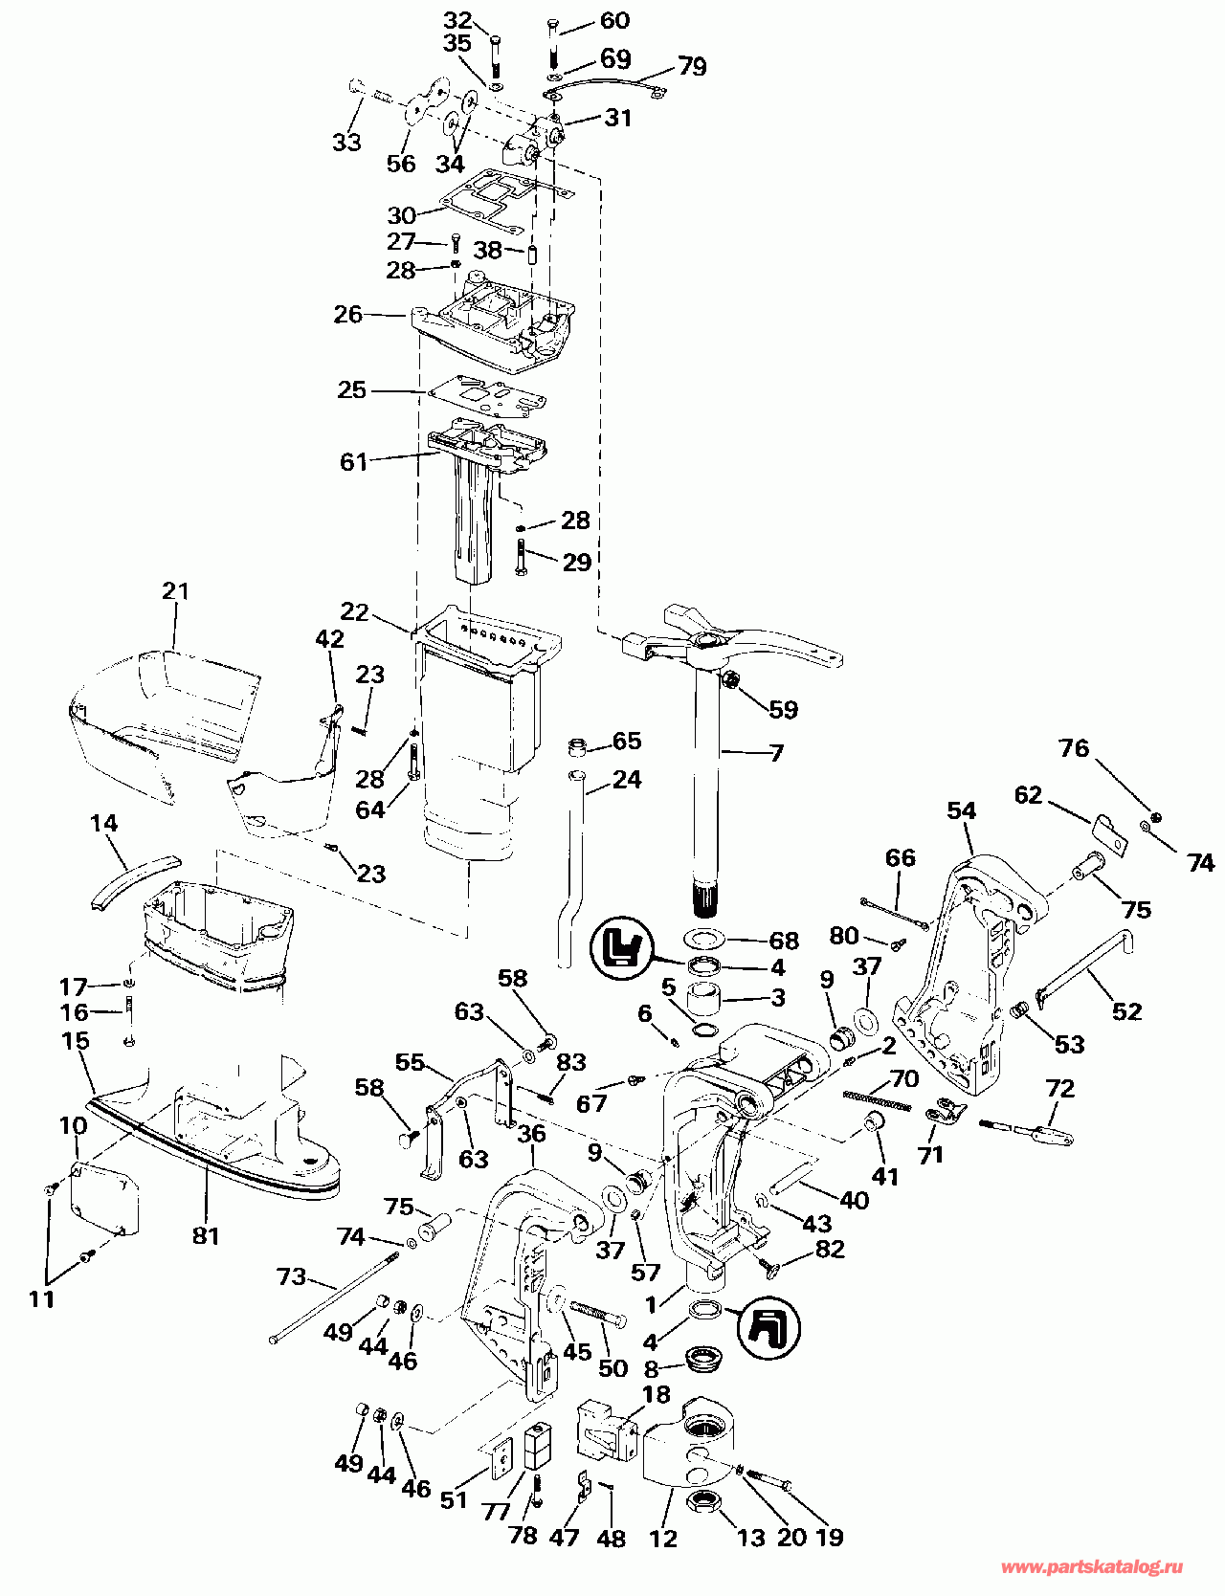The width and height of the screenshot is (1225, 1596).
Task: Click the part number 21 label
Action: [x=176, y=591]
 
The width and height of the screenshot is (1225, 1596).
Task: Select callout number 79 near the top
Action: [x=692, y=66]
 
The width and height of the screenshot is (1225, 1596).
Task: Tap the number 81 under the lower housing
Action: [x=206, y=1236]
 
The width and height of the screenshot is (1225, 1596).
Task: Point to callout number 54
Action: [x=961, y=810]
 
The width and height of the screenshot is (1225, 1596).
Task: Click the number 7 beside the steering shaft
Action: [x=776, y=753]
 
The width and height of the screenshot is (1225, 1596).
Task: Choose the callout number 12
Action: [x=663, y=1538]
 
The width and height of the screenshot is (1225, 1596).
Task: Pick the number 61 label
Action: [x=353, y=461]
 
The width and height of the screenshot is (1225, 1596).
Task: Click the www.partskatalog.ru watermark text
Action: [x=1091, y=1567]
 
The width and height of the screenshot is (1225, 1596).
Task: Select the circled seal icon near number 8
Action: [x=770, y=1329]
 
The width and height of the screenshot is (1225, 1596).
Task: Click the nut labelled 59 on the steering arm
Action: [x=728, y=680]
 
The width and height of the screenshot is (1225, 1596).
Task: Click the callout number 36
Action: [x=531, y=1133]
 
